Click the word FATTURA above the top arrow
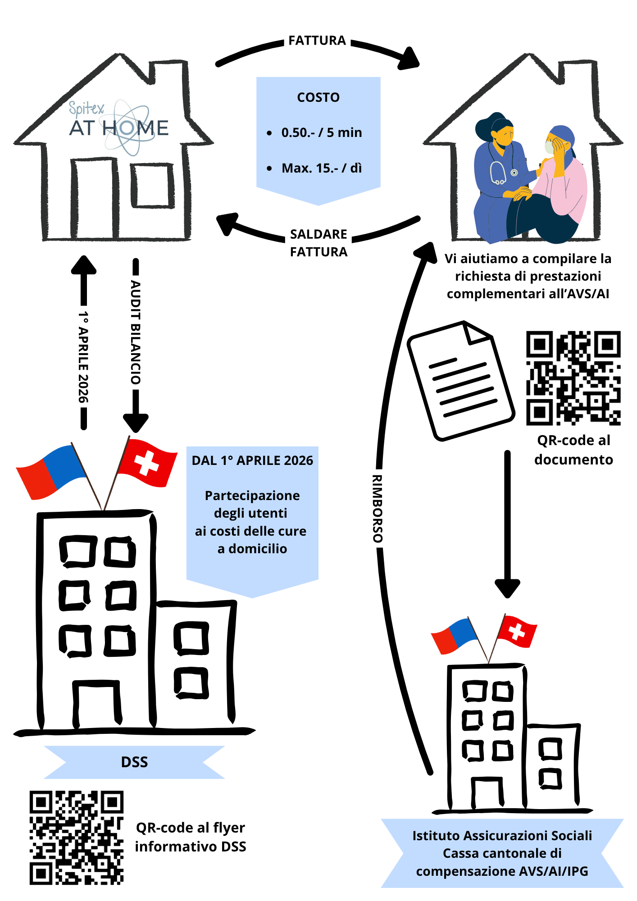317,41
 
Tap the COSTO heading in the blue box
318,97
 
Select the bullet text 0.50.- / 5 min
322,132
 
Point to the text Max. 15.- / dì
322,168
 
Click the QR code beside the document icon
573,378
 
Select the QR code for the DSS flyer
77,837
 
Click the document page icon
460,381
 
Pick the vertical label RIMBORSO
378,508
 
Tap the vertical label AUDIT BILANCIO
136,332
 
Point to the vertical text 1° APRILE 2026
83,357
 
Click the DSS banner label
134,762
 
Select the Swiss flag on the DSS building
147,463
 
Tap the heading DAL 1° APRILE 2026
252,460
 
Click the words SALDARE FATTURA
318,243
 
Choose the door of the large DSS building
97,704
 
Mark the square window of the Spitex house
152,185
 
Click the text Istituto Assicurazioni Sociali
502,836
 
